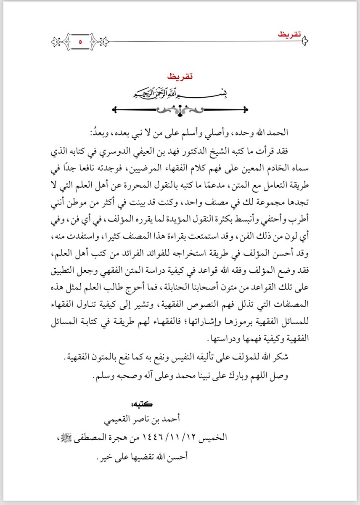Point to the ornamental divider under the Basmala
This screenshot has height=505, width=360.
click(180, 110)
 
